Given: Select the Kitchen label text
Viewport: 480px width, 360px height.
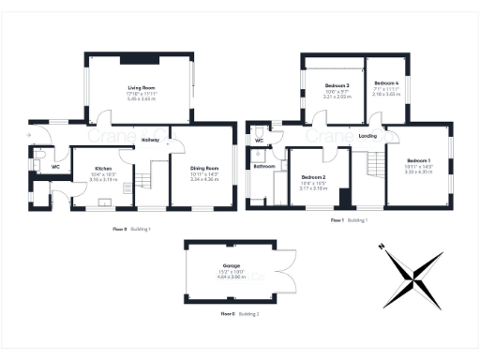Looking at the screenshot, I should [103, 169].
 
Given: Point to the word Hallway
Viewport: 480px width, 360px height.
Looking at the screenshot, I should [150, 140].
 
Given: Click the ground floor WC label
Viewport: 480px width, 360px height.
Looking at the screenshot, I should [55, 167].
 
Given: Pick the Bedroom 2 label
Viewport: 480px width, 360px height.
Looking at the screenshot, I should [313, 177].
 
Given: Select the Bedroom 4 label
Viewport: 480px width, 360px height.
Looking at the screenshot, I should [385, 83].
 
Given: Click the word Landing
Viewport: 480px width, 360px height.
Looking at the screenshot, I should [368, 136].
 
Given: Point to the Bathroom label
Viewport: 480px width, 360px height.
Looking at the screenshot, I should [264, 166].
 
